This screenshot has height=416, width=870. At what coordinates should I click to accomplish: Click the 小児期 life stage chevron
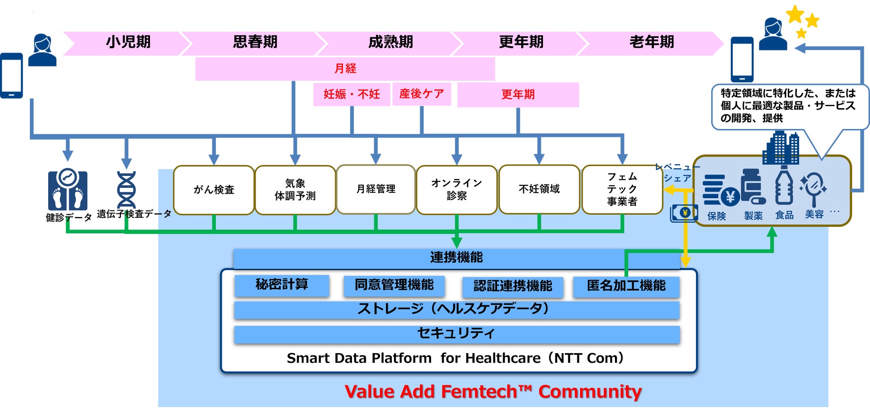coord(128,42)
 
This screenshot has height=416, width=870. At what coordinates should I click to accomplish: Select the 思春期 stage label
coord(255,42)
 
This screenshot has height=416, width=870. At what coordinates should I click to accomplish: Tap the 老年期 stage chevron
coord(651,42)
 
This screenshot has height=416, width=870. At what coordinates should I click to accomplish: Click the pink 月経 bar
coord(345,69)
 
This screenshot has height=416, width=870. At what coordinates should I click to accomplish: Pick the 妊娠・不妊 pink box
coord(352,94)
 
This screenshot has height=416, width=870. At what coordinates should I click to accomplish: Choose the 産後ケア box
coord(422,94)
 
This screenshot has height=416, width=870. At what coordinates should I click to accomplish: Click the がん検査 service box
coord(214,190)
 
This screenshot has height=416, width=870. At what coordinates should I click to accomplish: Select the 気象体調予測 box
coord(295,190)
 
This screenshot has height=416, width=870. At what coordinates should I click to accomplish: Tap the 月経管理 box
coord(376,189)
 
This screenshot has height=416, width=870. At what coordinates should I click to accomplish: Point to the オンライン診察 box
coord(456,190)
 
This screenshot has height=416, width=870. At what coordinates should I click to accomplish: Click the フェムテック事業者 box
coord(622,189)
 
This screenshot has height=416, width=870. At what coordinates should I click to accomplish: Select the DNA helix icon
coord(126,189)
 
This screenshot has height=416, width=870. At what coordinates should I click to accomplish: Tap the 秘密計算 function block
coord(282,285)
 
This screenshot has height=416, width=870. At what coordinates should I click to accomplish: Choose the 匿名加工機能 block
coord(626,286)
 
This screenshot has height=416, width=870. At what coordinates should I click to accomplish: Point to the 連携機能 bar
coord(456,258)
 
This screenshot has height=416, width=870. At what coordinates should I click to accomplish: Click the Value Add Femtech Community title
coord(493,391)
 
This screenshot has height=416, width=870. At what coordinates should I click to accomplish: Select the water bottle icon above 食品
coord(784,186)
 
